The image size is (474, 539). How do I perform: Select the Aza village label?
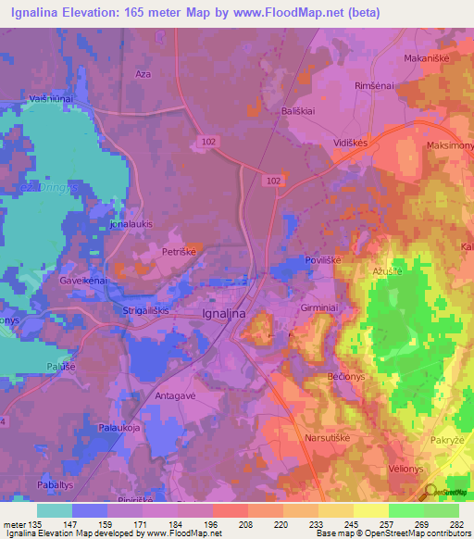click(143, 73)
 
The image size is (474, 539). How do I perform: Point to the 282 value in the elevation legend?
click(457, 525)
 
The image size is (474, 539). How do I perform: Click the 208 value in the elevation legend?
click(223, 525)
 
